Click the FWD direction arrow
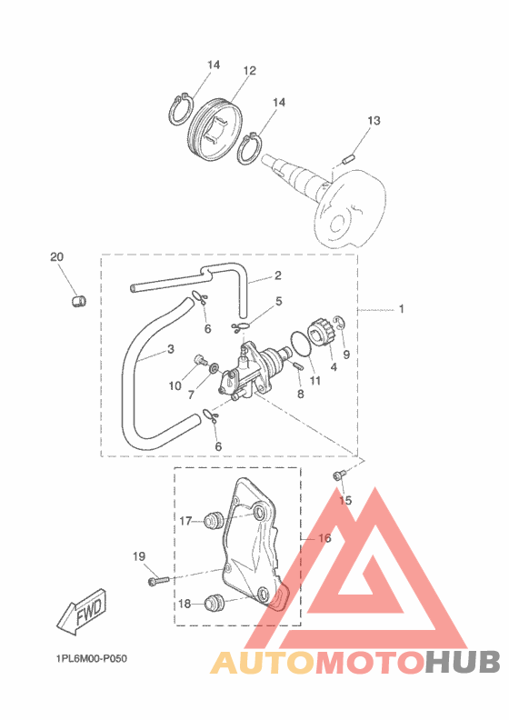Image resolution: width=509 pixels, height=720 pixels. tap(82, 612)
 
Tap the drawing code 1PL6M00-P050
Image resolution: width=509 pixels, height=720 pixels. tap(92, 658)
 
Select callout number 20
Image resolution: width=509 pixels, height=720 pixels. tap(57, 256)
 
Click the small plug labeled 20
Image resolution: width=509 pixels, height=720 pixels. tap(79, 301)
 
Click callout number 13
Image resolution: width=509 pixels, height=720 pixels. tap(374, 121)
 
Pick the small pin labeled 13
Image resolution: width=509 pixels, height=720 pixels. tap(349, 160)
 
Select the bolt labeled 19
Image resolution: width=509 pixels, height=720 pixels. tap(159, 581)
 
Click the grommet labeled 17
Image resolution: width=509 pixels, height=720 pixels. tap(214, 521)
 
